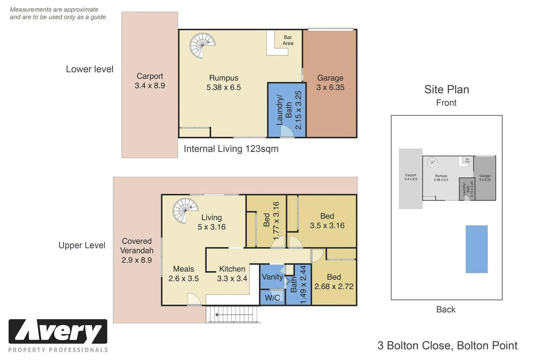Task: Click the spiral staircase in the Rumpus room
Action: pos(202,45)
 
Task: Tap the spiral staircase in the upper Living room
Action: pos(185,210)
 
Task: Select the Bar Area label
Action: pos(288,40)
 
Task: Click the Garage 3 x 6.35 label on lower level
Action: pos(330,83)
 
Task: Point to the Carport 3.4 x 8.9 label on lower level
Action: pos(150,81)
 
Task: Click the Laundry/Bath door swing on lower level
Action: pos(287,131)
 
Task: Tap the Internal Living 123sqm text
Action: pos(231,149)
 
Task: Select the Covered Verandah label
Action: pos(137,251)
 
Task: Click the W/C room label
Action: pos(272,298)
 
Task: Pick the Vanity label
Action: pos(272,277)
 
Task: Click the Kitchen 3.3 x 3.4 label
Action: pos(232,274)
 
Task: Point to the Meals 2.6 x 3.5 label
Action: pos(184,274)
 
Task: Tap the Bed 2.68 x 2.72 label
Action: pos(334,282)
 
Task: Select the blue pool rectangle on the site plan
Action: pos(477,249)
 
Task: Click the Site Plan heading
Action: pos(447,89)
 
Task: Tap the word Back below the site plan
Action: pos(446,309)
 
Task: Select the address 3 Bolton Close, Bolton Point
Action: pos(447,345)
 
